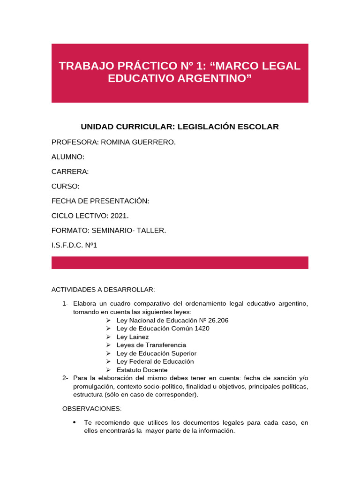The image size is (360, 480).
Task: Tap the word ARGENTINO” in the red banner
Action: click(213, 78)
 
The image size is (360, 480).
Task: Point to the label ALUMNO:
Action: click(68, 157)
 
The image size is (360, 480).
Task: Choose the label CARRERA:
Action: click(70, 172)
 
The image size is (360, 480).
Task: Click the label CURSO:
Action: click(66, 186)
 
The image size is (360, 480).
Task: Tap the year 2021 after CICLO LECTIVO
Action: click(119, 216)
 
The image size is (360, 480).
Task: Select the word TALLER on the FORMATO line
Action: click(151, 230)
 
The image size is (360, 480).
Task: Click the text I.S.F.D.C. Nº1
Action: click(74, 245)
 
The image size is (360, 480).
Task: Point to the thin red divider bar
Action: click(180, 262)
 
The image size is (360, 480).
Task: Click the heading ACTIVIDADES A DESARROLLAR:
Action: click(103, 289)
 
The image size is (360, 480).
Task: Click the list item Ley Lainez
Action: click(133, 337)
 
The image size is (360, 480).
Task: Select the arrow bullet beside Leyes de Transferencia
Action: click(108, 345)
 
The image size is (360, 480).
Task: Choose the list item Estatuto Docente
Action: click(142, 370)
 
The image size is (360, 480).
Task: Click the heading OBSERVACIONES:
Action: click(92, 409)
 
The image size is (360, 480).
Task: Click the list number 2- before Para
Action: click(65, 378)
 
